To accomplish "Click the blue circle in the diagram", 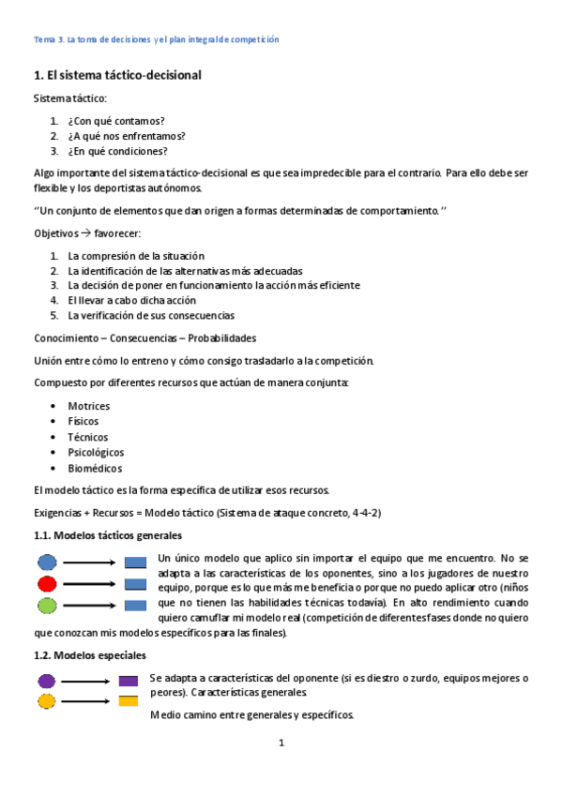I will click(47, 562).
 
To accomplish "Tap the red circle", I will click(47, 584).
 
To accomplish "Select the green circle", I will click(47, 605).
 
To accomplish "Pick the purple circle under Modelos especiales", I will click(46, 681).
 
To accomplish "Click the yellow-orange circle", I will click(46, 701).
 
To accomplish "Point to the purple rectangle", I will click(129, 681).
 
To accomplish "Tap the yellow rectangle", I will click(129, 701).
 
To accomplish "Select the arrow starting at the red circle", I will click(89, 584).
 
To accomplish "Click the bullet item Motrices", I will click(88, 406).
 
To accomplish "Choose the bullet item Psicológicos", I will click(96, 453).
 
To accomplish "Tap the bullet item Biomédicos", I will click(94, 469).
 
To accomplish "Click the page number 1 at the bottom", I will click(281, 743).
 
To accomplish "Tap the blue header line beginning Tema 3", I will click(156, 39).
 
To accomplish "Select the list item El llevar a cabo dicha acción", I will click(131, 300).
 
